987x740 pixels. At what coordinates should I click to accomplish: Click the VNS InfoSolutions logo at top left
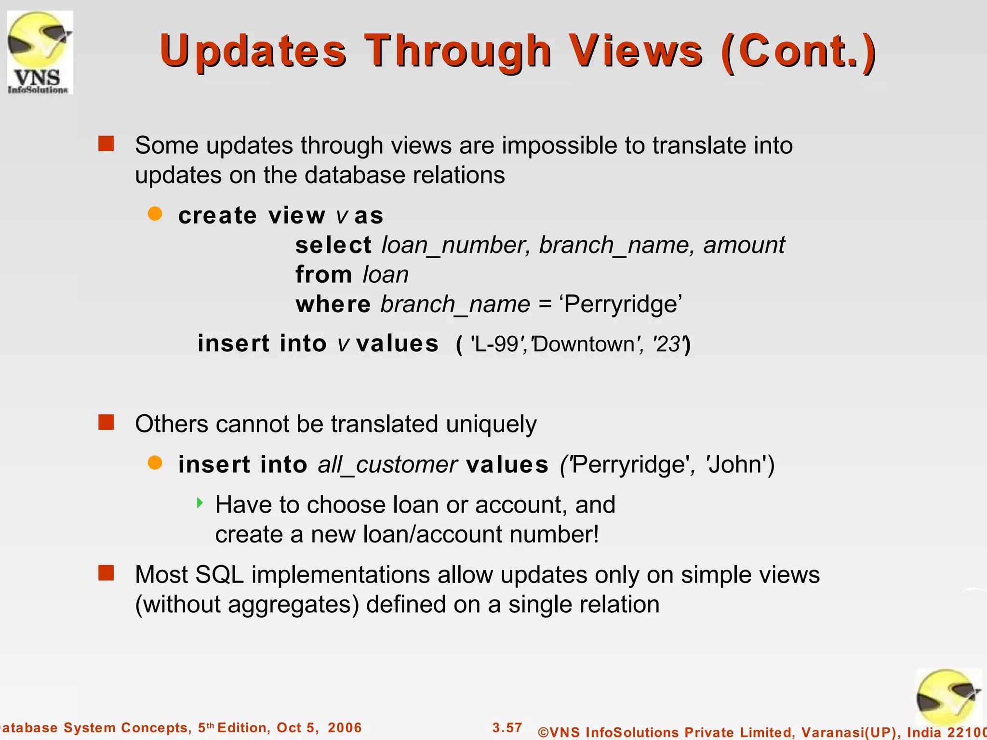pyautogui.click(x=40, y=52)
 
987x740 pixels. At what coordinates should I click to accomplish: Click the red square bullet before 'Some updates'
pyautogui.click(x=106, y=144)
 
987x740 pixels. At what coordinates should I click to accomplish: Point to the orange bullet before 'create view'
pyautogui.click(x=155, y=213)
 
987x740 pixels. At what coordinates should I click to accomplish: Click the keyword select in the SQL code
pyautogui.click(x=333, y=245)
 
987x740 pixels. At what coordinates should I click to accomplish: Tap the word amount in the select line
pyautogui.click(x=744, y=245)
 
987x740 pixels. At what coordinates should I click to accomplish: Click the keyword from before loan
pyautogui.click(x=323, y=275)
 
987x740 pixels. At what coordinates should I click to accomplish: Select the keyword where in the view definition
pyautogui.click(x=333, y=304)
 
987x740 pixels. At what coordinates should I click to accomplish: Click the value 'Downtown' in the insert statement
pyautogui.click(x=586, y=344)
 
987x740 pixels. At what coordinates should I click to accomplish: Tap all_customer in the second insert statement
pyautogui.click(x=387, y=465)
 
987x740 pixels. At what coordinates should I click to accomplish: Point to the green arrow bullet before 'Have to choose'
pyautogui.click(x=200, y=503)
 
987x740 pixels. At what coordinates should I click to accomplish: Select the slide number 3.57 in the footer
pyautogui.click(x=507, y=727)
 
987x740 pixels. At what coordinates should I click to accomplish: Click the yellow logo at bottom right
pyautogui.click(x=947, y=698)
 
